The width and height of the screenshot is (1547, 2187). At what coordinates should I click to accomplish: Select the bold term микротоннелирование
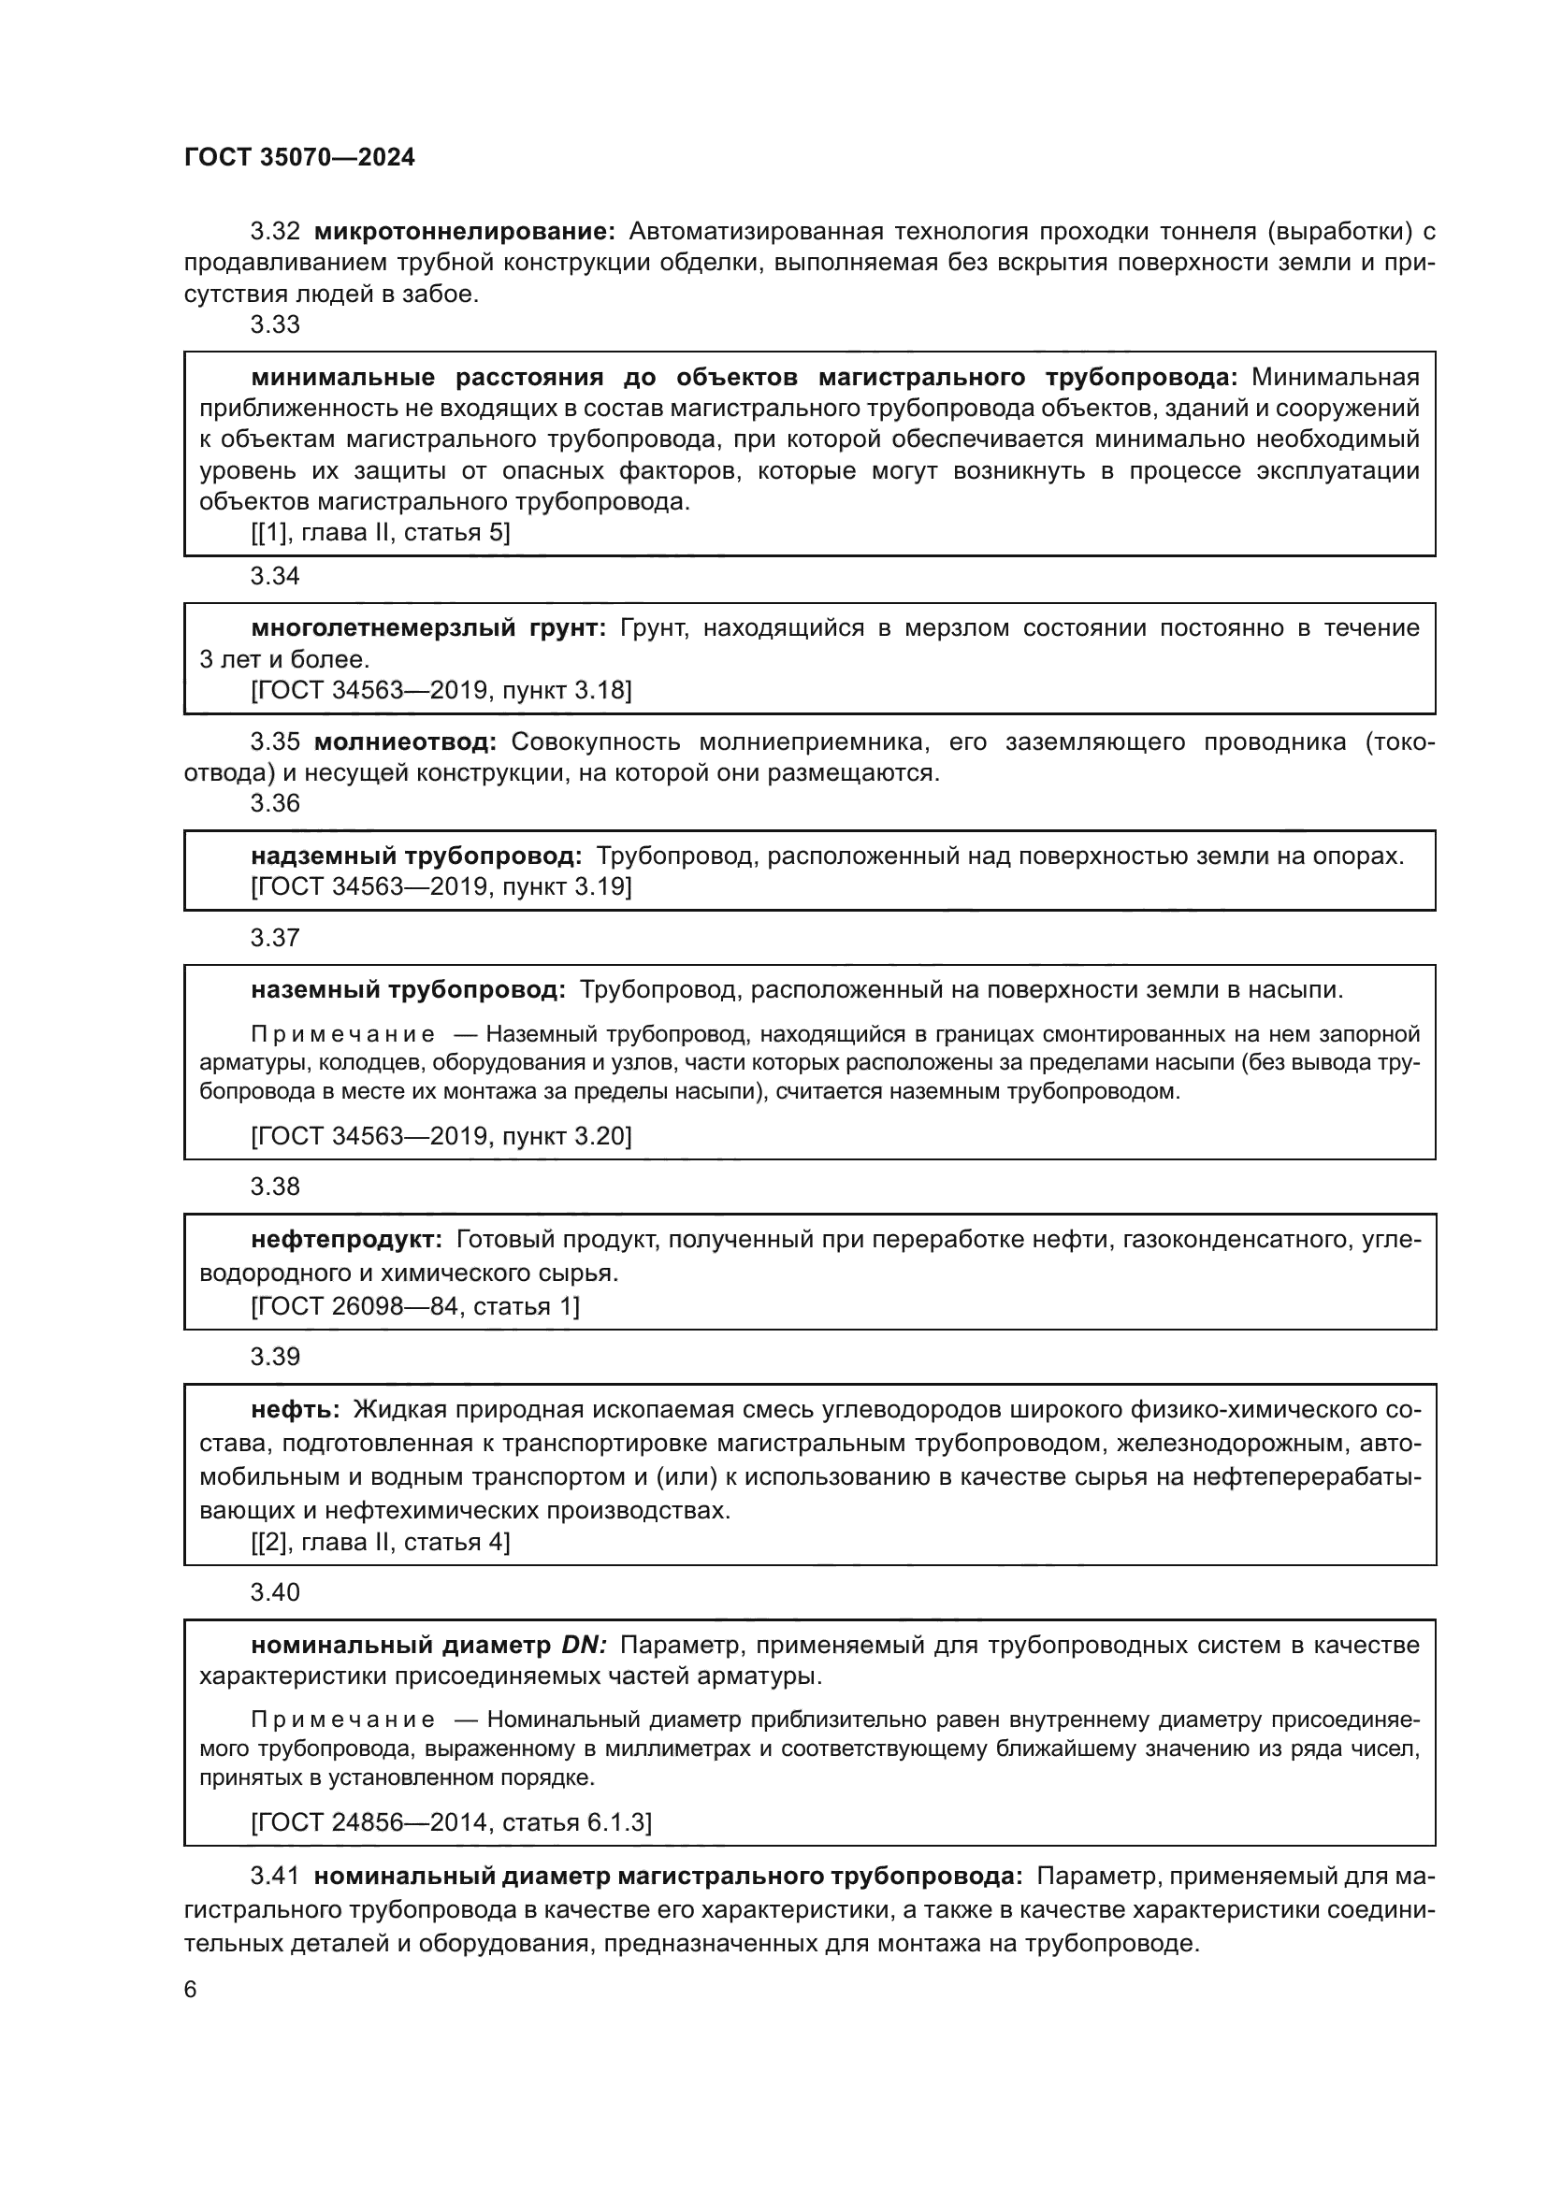tap(465, 232)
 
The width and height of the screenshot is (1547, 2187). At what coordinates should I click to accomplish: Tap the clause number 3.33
tap(274, 324)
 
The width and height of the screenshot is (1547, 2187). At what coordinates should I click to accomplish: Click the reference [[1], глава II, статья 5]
tap(380, 532)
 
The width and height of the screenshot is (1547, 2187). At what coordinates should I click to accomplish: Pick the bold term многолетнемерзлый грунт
tap(427, 627)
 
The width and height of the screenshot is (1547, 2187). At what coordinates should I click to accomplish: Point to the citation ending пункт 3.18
tap(441, 691)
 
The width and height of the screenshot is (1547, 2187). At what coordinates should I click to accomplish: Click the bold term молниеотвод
tap(405, 742)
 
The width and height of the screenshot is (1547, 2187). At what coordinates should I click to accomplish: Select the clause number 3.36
tap(274, 803)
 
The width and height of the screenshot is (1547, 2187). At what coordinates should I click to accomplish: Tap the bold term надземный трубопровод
tap(416, 856)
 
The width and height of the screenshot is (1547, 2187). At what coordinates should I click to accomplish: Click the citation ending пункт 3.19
tap(441, 886)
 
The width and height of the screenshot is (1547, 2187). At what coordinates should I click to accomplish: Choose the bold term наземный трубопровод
tap(408, 990)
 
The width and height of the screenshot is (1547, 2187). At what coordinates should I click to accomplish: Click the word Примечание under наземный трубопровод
tap(343, 1034)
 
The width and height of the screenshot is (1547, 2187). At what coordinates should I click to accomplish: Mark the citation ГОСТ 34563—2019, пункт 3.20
tap(441, 1136)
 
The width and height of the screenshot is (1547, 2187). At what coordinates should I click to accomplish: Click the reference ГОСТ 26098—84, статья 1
tap(415, 1306)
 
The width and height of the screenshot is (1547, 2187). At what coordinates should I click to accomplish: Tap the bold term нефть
tap(296, 1410)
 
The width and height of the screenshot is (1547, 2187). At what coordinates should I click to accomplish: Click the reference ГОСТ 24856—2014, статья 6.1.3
tap(452, 1823)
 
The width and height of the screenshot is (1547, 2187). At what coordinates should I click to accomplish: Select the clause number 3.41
tap(274, 1877)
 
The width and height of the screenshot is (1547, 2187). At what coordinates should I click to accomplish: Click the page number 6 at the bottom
tap(191, 1990)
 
